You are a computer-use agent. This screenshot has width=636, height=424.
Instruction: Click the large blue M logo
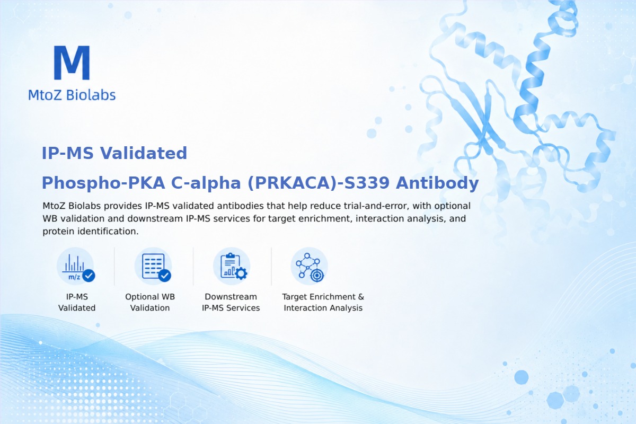point(72,63)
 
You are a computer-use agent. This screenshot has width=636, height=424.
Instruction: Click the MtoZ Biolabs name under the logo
point(72,95)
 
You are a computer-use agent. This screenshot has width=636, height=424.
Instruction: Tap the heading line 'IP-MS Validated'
point(114,153)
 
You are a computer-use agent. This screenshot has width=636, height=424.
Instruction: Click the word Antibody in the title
point(437,183)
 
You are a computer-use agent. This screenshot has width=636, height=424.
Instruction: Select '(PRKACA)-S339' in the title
point(319,183)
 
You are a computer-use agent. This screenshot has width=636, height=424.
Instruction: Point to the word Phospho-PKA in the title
point(103,183)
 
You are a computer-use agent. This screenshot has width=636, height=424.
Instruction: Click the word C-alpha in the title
point(206,183)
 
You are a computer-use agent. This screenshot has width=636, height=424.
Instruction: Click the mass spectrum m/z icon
point(75,266)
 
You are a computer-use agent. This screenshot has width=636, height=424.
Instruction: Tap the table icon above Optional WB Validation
point(153,266)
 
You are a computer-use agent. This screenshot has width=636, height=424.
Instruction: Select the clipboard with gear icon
point(232,266)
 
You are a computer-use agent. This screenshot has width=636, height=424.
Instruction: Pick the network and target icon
point(309,266)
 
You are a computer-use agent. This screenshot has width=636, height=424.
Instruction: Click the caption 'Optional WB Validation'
point(150,302)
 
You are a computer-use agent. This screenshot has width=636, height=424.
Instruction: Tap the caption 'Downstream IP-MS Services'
point(231,302)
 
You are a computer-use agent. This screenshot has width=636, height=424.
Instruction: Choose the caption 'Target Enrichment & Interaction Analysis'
point(323,302)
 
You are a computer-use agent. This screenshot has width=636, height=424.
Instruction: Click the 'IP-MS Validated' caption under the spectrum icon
point(77,302)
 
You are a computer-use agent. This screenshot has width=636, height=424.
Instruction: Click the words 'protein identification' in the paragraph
point(91,232)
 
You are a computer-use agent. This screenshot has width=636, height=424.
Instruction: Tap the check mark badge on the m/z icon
point(89,276)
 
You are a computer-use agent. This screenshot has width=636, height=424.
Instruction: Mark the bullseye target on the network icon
point(317,275)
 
